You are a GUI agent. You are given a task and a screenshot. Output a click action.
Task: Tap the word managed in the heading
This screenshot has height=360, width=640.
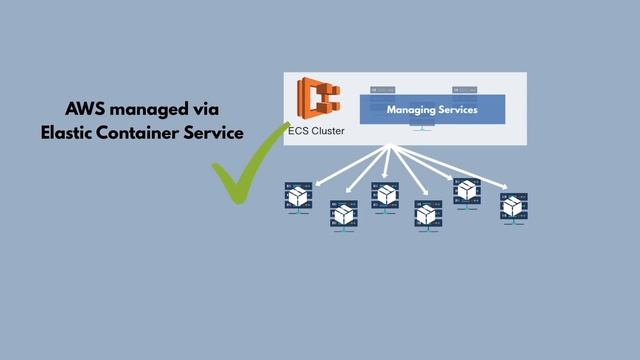click(x=152, y=108)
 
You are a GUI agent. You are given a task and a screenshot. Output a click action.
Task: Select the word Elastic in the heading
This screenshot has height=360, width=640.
click(x=70, y=133)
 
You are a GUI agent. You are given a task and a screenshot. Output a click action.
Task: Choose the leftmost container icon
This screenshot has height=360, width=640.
click(x=297, y=197)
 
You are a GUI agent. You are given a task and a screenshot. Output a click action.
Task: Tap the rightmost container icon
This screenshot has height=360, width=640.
click(x=514, y=207)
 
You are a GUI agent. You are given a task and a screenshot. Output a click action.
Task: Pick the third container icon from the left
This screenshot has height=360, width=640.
click(x=386, y=195)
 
